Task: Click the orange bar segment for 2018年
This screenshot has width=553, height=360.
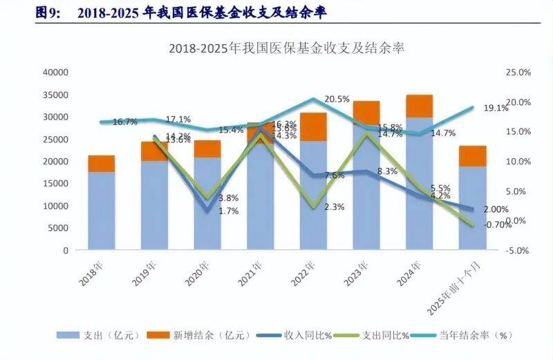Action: click(102, 164)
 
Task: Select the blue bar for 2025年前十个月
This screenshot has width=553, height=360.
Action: click(473, 207)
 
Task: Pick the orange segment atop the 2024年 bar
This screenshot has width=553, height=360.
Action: click(420, 106)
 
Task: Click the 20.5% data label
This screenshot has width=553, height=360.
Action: click(337, 100)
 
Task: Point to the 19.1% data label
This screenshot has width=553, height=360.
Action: click(496, 108)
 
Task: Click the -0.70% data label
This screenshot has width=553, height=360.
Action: click(498, 225)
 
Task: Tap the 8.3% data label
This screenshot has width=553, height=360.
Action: click(388, 171)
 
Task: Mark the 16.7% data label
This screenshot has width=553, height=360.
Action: click(124, 122)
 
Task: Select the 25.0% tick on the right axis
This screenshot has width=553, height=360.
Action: click(517, 72)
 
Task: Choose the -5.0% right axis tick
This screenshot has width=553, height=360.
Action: click(516, 250)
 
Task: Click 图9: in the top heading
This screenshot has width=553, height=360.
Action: click(49, 13)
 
